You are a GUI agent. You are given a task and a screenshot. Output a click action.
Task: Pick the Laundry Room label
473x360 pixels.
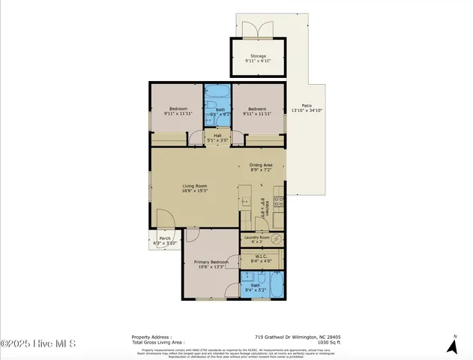(258, 239)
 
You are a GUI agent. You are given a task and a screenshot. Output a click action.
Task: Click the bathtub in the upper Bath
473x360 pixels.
(218, 97)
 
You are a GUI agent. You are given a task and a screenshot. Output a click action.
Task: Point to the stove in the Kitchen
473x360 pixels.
(278, 201)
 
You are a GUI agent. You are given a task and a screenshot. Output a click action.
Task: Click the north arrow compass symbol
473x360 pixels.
(452, 344)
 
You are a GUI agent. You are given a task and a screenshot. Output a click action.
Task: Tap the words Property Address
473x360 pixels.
(151, 337)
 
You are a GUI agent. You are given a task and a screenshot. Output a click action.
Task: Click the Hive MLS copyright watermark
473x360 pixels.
(39, 343)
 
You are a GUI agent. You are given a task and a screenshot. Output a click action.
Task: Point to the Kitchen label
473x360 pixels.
(262, 208)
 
